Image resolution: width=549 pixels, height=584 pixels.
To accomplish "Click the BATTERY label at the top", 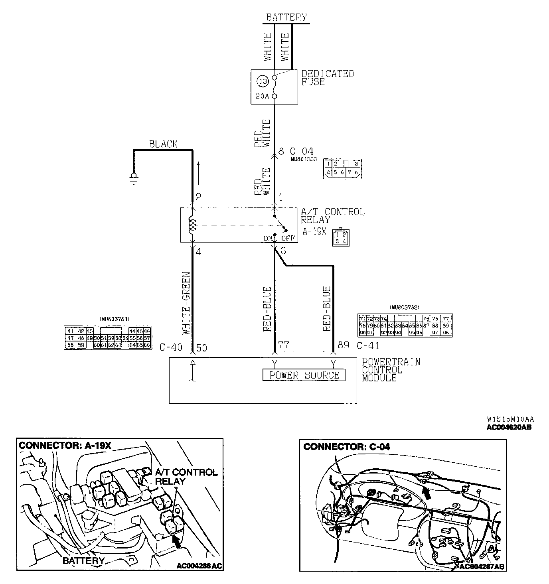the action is click(286, 17).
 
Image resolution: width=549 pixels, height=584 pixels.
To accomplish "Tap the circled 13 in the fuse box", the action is click(263, 82).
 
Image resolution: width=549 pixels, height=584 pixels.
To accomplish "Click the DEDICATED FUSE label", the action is click(328, 78).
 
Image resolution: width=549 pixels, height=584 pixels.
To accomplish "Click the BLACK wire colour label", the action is click(163, 144).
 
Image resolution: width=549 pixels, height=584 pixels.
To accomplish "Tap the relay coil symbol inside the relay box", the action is click(192, 225).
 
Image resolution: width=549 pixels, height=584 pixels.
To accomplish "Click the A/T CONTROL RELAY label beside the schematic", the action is click(332, 215).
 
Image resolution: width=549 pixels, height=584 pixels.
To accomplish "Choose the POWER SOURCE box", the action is click(304, 375).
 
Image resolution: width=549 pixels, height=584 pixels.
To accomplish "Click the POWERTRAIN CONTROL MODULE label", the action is click(391, 370).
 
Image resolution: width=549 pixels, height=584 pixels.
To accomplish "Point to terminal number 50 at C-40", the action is click(202, 348).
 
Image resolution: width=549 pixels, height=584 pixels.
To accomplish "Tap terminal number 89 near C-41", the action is click(343, 345).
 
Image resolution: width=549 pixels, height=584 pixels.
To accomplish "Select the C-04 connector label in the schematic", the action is click(301, 151).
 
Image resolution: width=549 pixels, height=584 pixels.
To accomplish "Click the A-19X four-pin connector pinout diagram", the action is click(341, 238).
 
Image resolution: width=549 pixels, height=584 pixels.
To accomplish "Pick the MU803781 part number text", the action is click(112, 319).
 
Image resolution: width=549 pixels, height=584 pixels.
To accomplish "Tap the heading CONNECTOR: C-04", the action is click(347, 446).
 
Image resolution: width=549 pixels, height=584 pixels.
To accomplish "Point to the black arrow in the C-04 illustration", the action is click(427, 493).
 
